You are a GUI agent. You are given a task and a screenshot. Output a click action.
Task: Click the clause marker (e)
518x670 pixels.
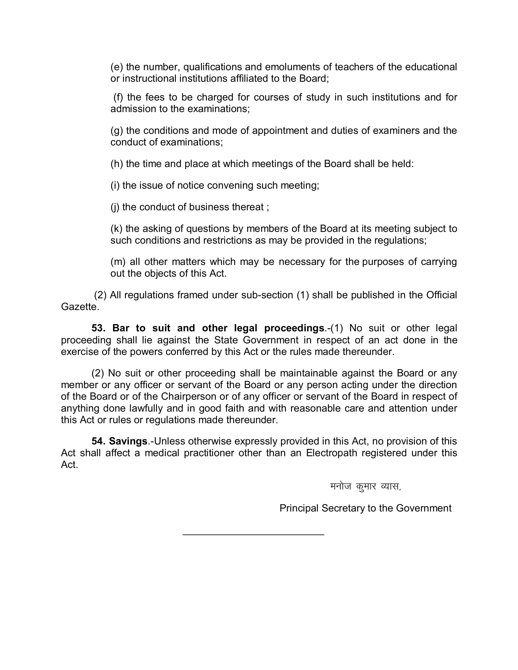[x=117, y=67]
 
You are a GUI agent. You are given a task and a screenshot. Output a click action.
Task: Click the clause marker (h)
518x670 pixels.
[x=117, y=164]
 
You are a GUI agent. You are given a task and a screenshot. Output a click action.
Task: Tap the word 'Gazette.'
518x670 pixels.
[x=80, y=307]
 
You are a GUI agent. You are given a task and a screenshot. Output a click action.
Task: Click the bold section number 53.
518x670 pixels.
[x=98, y=328]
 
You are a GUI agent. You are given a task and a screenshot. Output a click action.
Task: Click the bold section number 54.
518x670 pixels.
[x=98, y=441]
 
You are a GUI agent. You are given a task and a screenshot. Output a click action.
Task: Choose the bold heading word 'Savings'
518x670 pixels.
[x=128, y=441]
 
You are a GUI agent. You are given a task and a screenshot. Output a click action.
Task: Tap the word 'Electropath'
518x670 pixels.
[x=332, y=453]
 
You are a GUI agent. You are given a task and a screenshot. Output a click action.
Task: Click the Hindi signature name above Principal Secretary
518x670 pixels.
[x=365, y=487]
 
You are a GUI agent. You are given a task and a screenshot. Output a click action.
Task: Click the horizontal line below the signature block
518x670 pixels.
[x=254, y=535]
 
